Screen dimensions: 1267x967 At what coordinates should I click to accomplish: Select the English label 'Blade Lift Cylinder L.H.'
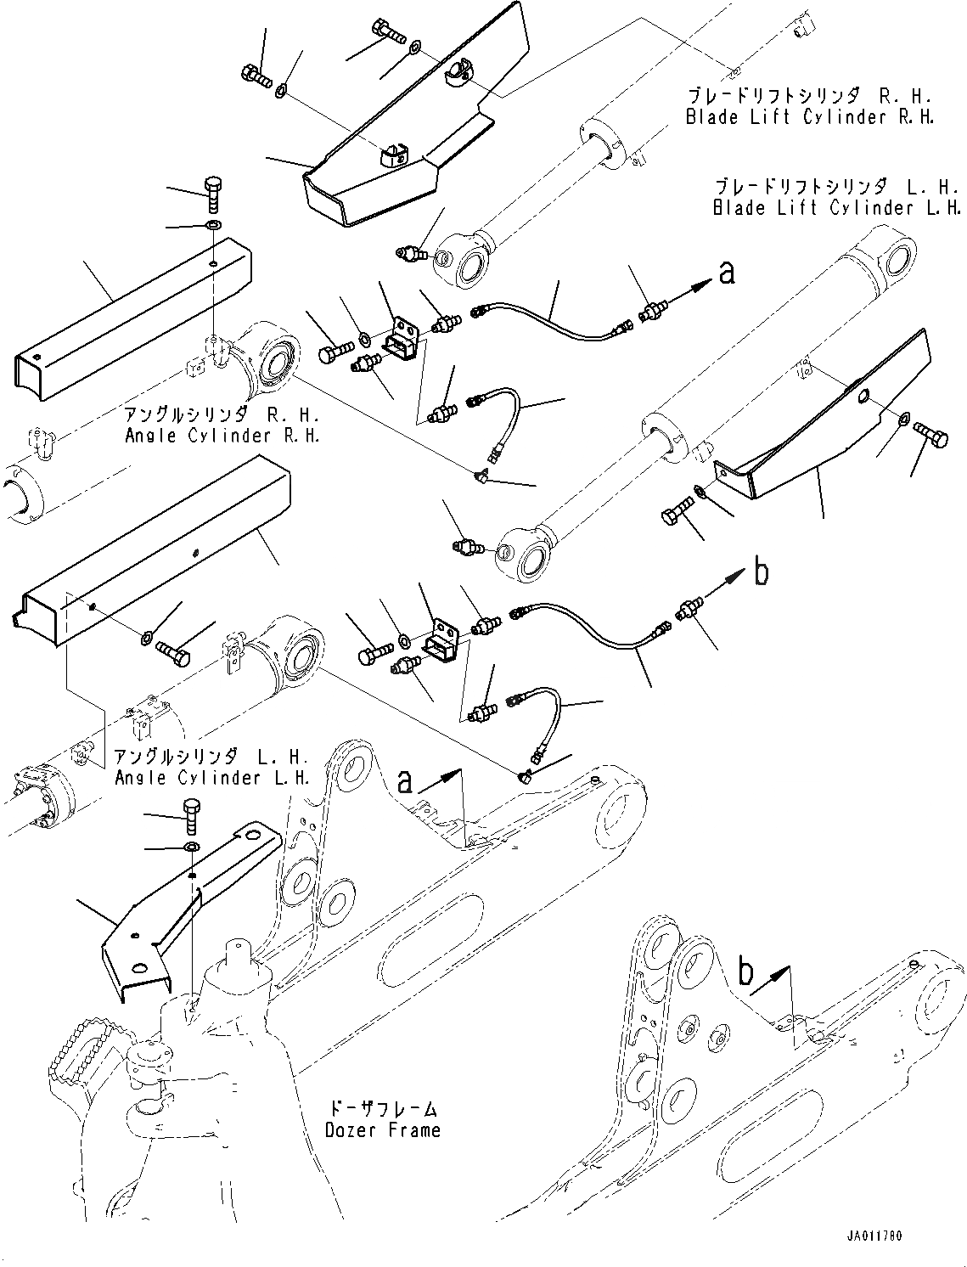(836, 207)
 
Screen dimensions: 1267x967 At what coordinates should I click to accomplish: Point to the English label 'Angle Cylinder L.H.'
(211, 777)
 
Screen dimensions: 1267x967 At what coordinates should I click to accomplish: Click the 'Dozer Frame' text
(383, 1129)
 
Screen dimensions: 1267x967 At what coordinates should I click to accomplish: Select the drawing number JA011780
(874, 1236)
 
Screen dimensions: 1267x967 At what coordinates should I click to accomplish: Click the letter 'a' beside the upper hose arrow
(726, 274)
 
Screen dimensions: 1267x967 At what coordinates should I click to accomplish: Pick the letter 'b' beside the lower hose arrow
(762, 574)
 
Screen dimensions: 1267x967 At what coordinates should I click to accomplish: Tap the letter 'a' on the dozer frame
(406, 781)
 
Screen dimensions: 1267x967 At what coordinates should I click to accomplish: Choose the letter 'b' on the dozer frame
(745, 973)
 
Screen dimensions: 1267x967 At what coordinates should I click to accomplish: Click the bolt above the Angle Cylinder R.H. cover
(212, 194)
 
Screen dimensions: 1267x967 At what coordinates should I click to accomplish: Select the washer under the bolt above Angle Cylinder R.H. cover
(212, 226)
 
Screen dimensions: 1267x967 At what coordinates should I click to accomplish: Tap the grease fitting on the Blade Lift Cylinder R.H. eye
(411, 252)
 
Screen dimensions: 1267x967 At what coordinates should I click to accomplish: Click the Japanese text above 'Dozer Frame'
(383, 1108)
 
